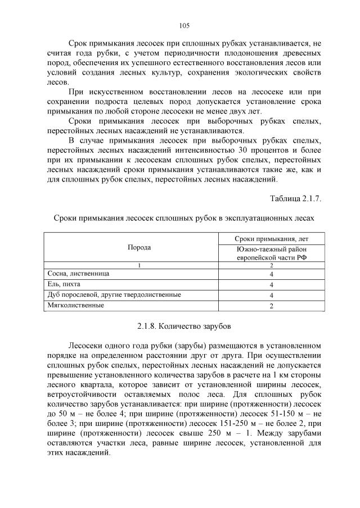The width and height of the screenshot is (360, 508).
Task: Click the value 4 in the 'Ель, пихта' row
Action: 271,284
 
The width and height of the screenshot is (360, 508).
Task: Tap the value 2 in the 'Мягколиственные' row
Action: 271,306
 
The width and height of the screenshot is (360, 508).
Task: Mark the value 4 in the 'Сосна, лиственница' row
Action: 271,274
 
